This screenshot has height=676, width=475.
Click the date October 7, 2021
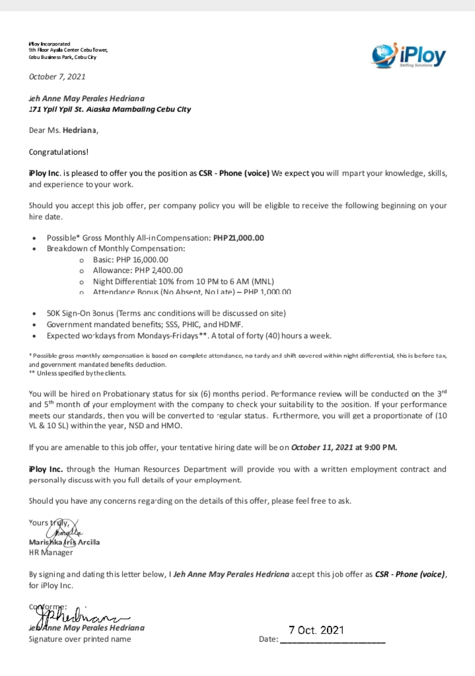(57, 77)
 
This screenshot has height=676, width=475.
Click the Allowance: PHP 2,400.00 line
(138, 270)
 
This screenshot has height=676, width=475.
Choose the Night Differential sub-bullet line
(179, 281)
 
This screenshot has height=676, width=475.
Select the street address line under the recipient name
(110, 109)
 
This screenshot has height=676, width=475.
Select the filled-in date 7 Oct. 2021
(316, 630)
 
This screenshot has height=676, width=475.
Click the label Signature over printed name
(79, 639)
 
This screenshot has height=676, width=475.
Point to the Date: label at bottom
(269, 640)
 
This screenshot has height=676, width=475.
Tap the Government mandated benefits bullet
(145, 324)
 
